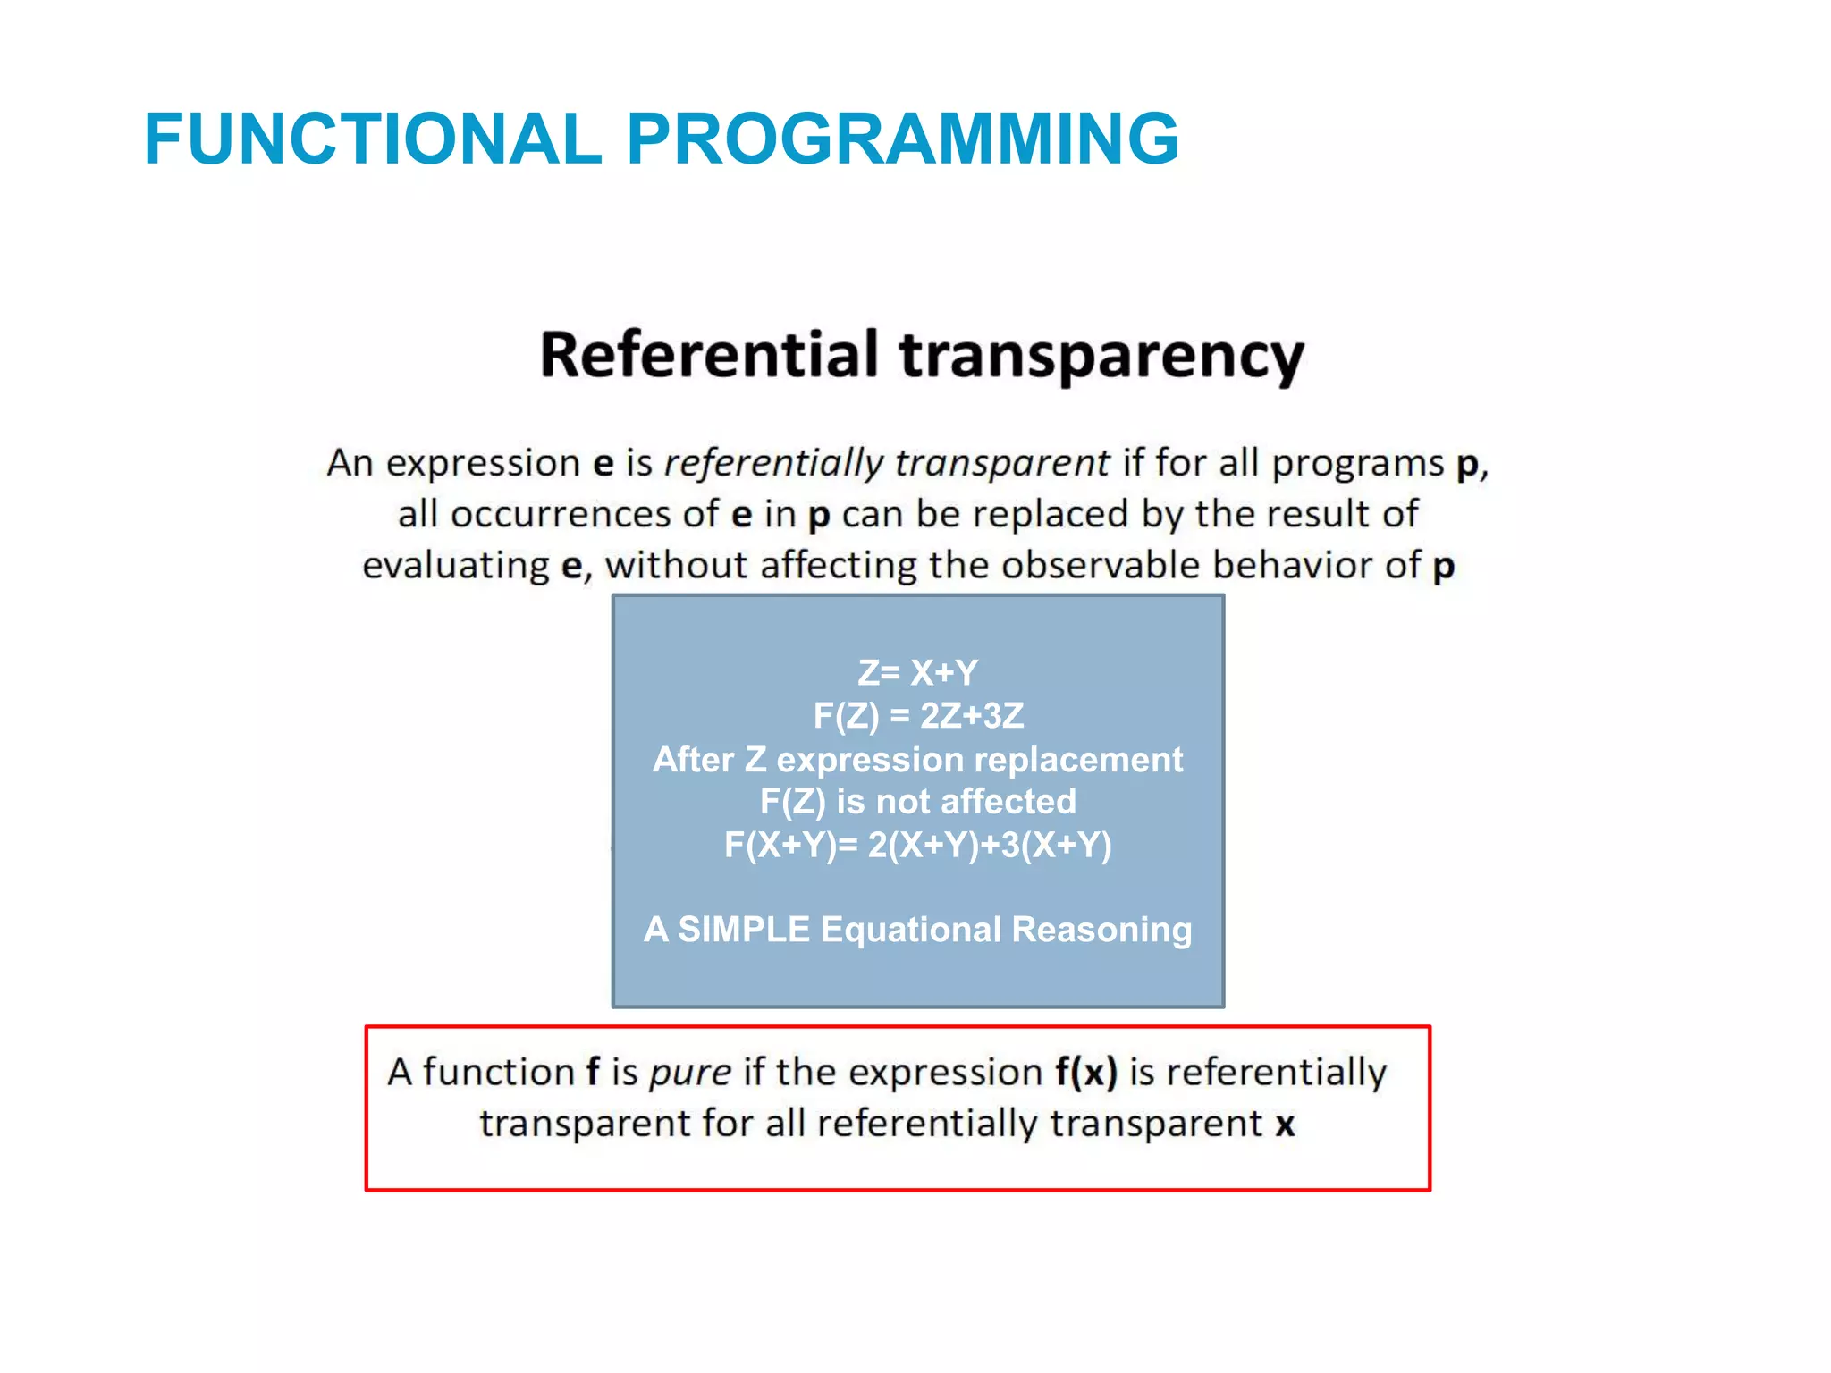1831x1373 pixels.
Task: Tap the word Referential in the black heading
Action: click(710, 355)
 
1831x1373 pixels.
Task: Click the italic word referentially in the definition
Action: click(773, 463)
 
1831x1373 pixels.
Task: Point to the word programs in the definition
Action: click(1357, 463)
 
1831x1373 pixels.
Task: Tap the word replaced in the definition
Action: click(1051, 514)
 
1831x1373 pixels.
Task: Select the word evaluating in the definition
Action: click(455, 566)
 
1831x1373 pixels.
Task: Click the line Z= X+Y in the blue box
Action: click(917, 672)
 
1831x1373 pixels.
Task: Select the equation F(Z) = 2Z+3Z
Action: click(917, 715)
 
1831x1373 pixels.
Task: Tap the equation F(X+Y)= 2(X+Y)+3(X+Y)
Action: click(917, 845)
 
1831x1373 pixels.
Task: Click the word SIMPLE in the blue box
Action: click(744, 930)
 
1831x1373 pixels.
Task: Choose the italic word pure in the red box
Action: click(690, 1073)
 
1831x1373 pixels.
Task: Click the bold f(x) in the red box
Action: click(1085, 1072)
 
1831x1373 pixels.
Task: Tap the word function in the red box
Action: click(498, 1072)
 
